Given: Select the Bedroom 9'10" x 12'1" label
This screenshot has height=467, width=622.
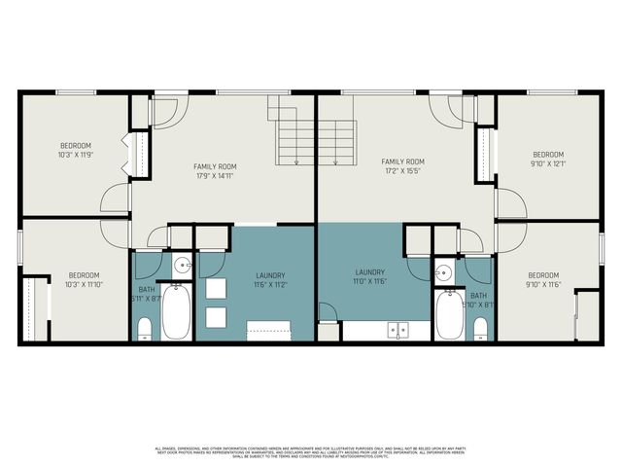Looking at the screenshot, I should (x=547, y=159).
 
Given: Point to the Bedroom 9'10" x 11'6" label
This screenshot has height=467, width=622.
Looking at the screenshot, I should (x=543, y=279).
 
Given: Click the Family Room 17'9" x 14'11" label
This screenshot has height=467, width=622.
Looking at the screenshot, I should (x=215, y=171).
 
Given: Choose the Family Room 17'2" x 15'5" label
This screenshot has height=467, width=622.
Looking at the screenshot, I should (x=402, y=166).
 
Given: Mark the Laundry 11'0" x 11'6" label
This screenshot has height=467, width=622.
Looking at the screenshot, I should (x=370, y=276).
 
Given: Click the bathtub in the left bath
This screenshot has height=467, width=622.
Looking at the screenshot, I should (x=176, y=312).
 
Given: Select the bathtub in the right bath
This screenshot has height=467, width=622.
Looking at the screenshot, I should (x=449, y=315).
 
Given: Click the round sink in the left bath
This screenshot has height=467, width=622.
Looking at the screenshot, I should (x=181, y=266).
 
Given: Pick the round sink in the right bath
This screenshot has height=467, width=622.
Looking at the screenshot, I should (x=443, y=272).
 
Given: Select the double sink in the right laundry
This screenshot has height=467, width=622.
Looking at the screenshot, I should (x=397, y=330).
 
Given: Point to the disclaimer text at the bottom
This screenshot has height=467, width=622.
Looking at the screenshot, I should (x=311, y=451).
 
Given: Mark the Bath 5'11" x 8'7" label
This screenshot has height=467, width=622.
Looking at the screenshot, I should (x=147, y=294).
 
